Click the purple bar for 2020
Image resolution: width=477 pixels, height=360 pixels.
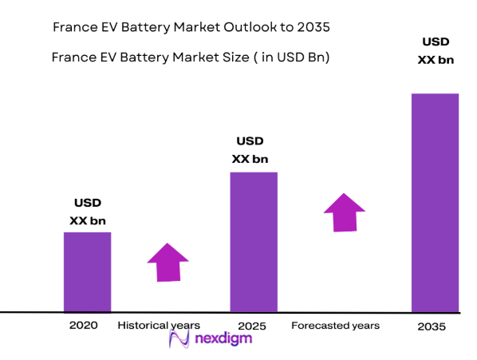[87, 271]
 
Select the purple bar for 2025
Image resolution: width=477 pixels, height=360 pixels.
[254, 241]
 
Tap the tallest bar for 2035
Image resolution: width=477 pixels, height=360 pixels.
[435, 202]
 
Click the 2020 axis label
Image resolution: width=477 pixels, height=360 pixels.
[83, 326]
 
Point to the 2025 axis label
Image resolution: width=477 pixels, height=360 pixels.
[250, 326]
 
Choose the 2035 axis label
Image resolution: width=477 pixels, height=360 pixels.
[432, 327]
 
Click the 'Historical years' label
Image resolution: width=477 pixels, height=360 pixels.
[159, 326]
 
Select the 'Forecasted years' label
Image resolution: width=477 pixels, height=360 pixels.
[335, 326]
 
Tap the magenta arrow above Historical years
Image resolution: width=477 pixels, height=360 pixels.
[168, 262]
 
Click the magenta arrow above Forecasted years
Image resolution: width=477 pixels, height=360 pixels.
[344, 212]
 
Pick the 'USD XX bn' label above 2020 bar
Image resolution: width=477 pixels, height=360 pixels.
[88, 212]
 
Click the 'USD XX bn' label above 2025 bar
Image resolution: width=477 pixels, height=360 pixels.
[250, 149]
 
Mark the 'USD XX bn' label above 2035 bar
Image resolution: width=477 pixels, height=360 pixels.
[435, 51]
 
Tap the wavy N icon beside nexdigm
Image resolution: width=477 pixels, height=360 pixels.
[180, 341]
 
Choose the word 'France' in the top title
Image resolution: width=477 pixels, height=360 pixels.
[74, 27]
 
